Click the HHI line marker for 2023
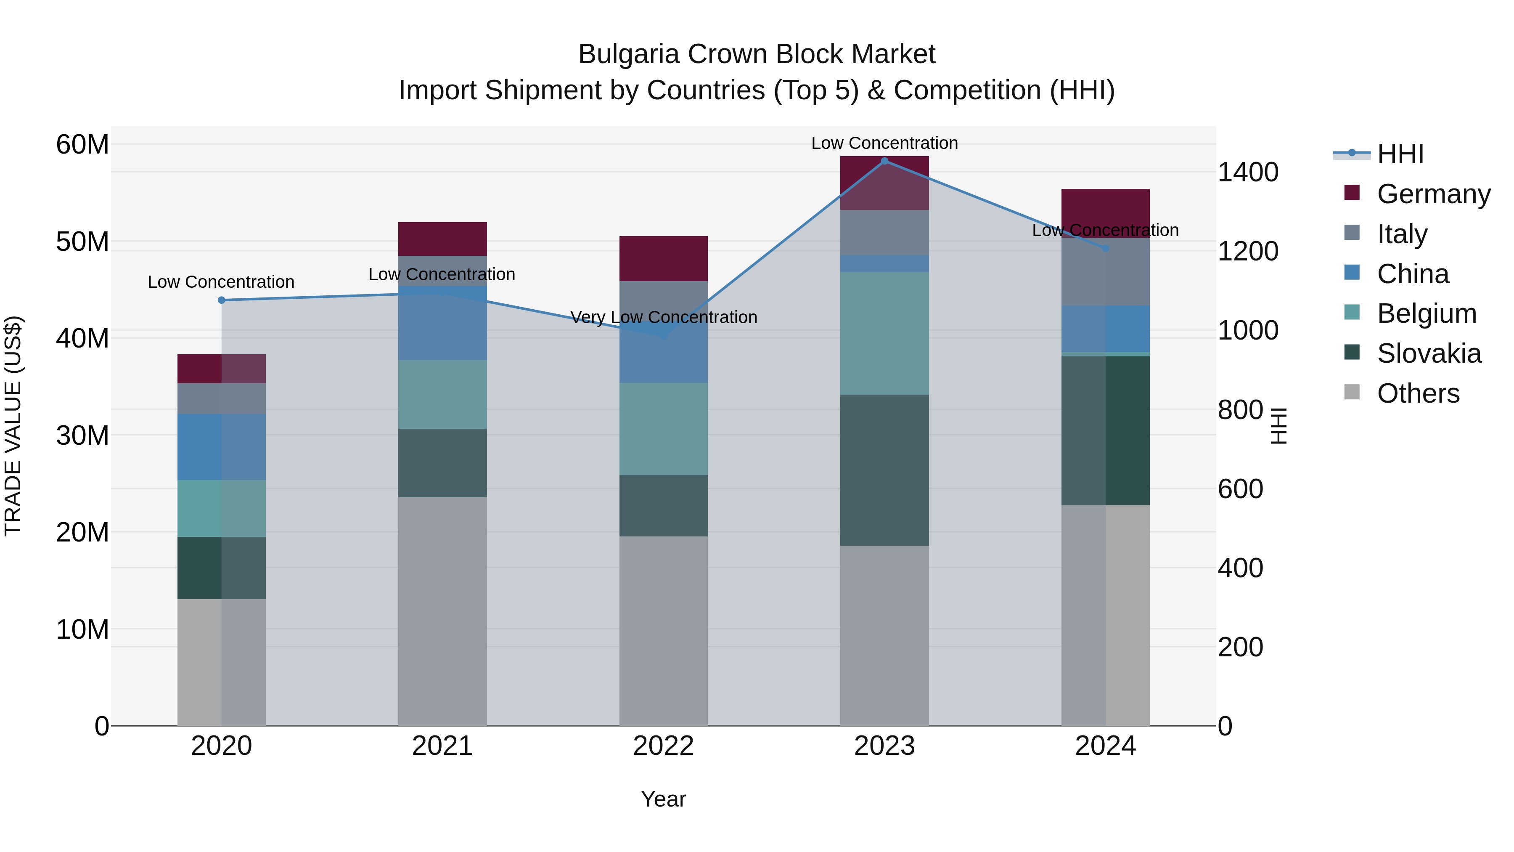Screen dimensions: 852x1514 coord(884,161)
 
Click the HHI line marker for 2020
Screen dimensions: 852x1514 coord(222,300)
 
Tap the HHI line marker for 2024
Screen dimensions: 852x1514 coord(1106,248)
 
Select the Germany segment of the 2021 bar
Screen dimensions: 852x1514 coord(442,239)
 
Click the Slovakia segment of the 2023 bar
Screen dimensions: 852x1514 coord(884,470)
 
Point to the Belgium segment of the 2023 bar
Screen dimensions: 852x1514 coord(884,333)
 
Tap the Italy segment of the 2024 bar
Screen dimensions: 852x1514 coord(1106,272)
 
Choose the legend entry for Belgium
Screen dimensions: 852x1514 coord(1427,313)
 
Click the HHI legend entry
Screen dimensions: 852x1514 coord(1400,154)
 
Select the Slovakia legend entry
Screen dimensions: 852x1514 coord(1429,353)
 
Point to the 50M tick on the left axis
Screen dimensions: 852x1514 coord(82,242)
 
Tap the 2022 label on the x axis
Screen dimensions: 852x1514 coord(664,746)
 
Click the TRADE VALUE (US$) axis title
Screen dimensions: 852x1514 coord(13,426)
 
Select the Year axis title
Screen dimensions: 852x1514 coord(664,799)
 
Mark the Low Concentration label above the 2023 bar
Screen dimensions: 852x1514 coord(884,143)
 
